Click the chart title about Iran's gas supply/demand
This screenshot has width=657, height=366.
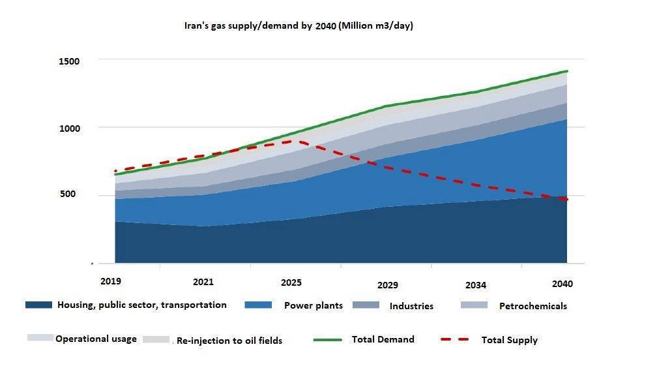[299, 25]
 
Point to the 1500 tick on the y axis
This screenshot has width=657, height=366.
[70, 61]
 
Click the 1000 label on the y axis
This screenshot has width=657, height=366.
[70, 129]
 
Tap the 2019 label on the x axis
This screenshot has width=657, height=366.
[111, 281]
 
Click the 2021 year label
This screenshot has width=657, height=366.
[203, 282]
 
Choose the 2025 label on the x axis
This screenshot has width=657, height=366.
[291, 282]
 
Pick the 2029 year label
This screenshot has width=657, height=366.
[387, 285]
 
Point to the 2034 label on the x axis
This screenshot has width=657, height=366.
[476, 285]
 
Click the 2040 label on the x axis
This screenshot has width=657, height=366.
[562, 284]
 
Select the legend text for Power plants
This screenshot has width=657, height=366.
[313, 305]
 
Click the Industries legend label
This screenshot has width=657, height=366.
[411, 306]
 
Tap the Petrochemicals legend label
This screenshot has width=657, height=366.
[533, 306]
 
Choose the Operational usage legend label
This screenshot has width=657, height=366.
[96, 339]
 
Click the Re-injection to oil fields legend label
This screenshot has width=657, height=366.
[229, 341]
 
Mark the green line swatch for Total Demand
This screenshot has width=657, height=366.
[328, 339]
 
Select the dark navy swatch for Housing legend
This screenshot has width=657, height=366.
[38, 305]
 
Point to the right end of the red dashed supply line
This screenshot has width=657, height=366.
[566, 200]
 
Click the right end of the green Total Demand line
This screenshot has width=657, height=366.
[566, 71]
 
